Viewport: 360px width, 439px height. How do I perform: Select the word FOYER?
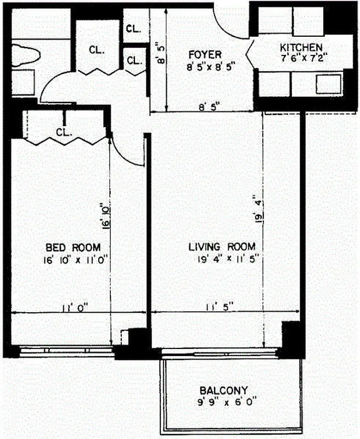(x=204, y=55)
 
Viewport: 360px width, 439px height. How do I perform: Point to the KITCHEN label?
(x=301, y=47)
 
